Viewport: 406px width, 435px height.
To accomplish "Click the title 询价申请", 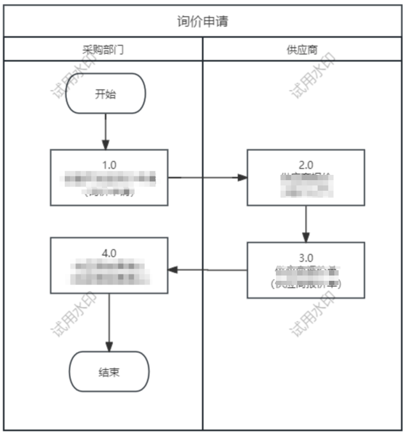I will [203, 22].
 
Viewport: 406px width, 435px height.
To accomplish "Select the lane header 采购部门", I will [103, 50].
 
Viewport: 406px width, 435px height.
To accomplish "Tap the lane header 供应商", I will [302, 50].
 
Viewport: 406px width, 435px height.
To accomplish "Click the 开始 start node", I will [105, 94].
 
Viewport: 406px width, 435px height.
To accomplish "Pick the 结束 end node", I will [109, 372].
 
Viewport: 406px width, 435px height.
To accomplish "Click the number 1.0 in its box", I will [109, 164].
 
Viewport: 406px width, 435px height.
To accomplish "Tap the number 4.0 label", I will [109, 253].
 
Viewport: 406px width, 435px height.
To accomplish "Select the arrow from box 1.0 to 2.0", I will [207, 177].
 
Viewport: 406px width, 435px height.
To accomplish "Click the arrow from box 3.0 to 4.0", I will [207, 270].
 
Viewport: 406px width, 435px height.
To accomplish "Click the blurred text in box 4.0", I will [109, 270].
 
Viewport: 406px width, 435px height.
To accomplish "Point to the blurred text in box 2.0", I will [306, 185].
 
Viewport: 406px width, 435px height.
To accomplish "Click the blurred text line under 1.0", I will [109, 179].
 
